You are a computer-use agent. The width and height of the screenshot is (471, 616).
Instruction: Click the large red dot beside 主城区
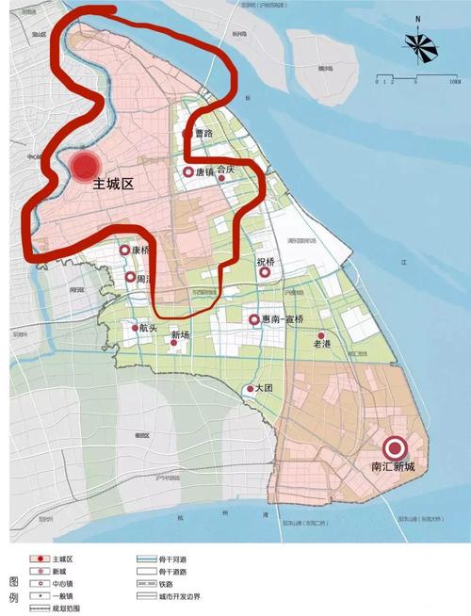point(86,167)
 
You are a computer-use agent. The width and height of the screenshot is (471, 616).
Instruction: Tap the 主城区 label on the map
point(114,186)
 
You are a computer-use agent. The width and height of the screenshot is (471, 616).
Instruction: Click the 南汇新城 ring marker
point(394,449)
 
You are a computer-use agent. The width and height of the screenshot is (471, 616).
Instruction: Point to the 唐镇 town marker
point(188,172)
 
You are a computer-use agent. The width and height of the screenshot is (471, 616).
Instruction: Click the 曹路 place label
point(198,135)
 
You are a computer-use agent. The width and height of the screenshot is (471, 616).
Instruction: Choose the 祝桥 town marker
point(265,272)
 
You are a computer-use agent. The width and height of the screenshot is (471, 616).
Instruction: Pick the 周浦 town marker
point(130,277)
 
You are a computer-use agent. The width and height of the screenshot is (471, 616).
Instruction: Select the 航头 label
point(148,329)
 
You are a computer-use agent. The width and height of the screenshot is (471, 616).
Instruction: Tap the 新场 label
point(180,334)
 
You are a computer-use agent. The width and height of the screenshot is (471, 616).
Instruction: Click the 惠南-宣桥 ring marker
point(253,319)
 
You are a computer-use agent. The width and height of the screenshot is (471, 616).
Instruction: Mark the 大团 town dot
point(249,389)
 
